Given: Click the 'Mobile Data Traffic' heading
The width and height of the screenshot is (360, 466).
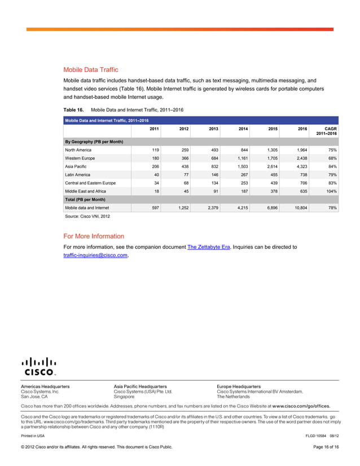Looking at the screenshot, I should pyautogui.click(x=90, y=70).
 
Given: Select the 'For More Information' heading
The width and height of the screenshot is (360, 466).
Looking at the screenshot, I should pyautogui.click(x=94, y=236).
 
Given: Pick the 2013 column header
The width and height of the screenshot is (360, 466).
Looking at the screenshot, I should pyautogui.click(x=213, y=129).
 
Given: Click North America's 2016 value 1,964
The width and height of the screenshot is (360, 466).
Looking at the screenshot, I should pyautogui.click(x=299, y=150).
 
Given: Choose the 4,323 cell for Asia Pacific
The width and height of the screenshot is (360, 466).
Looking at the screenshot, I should pyautogui.click(x=299, y=168).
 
